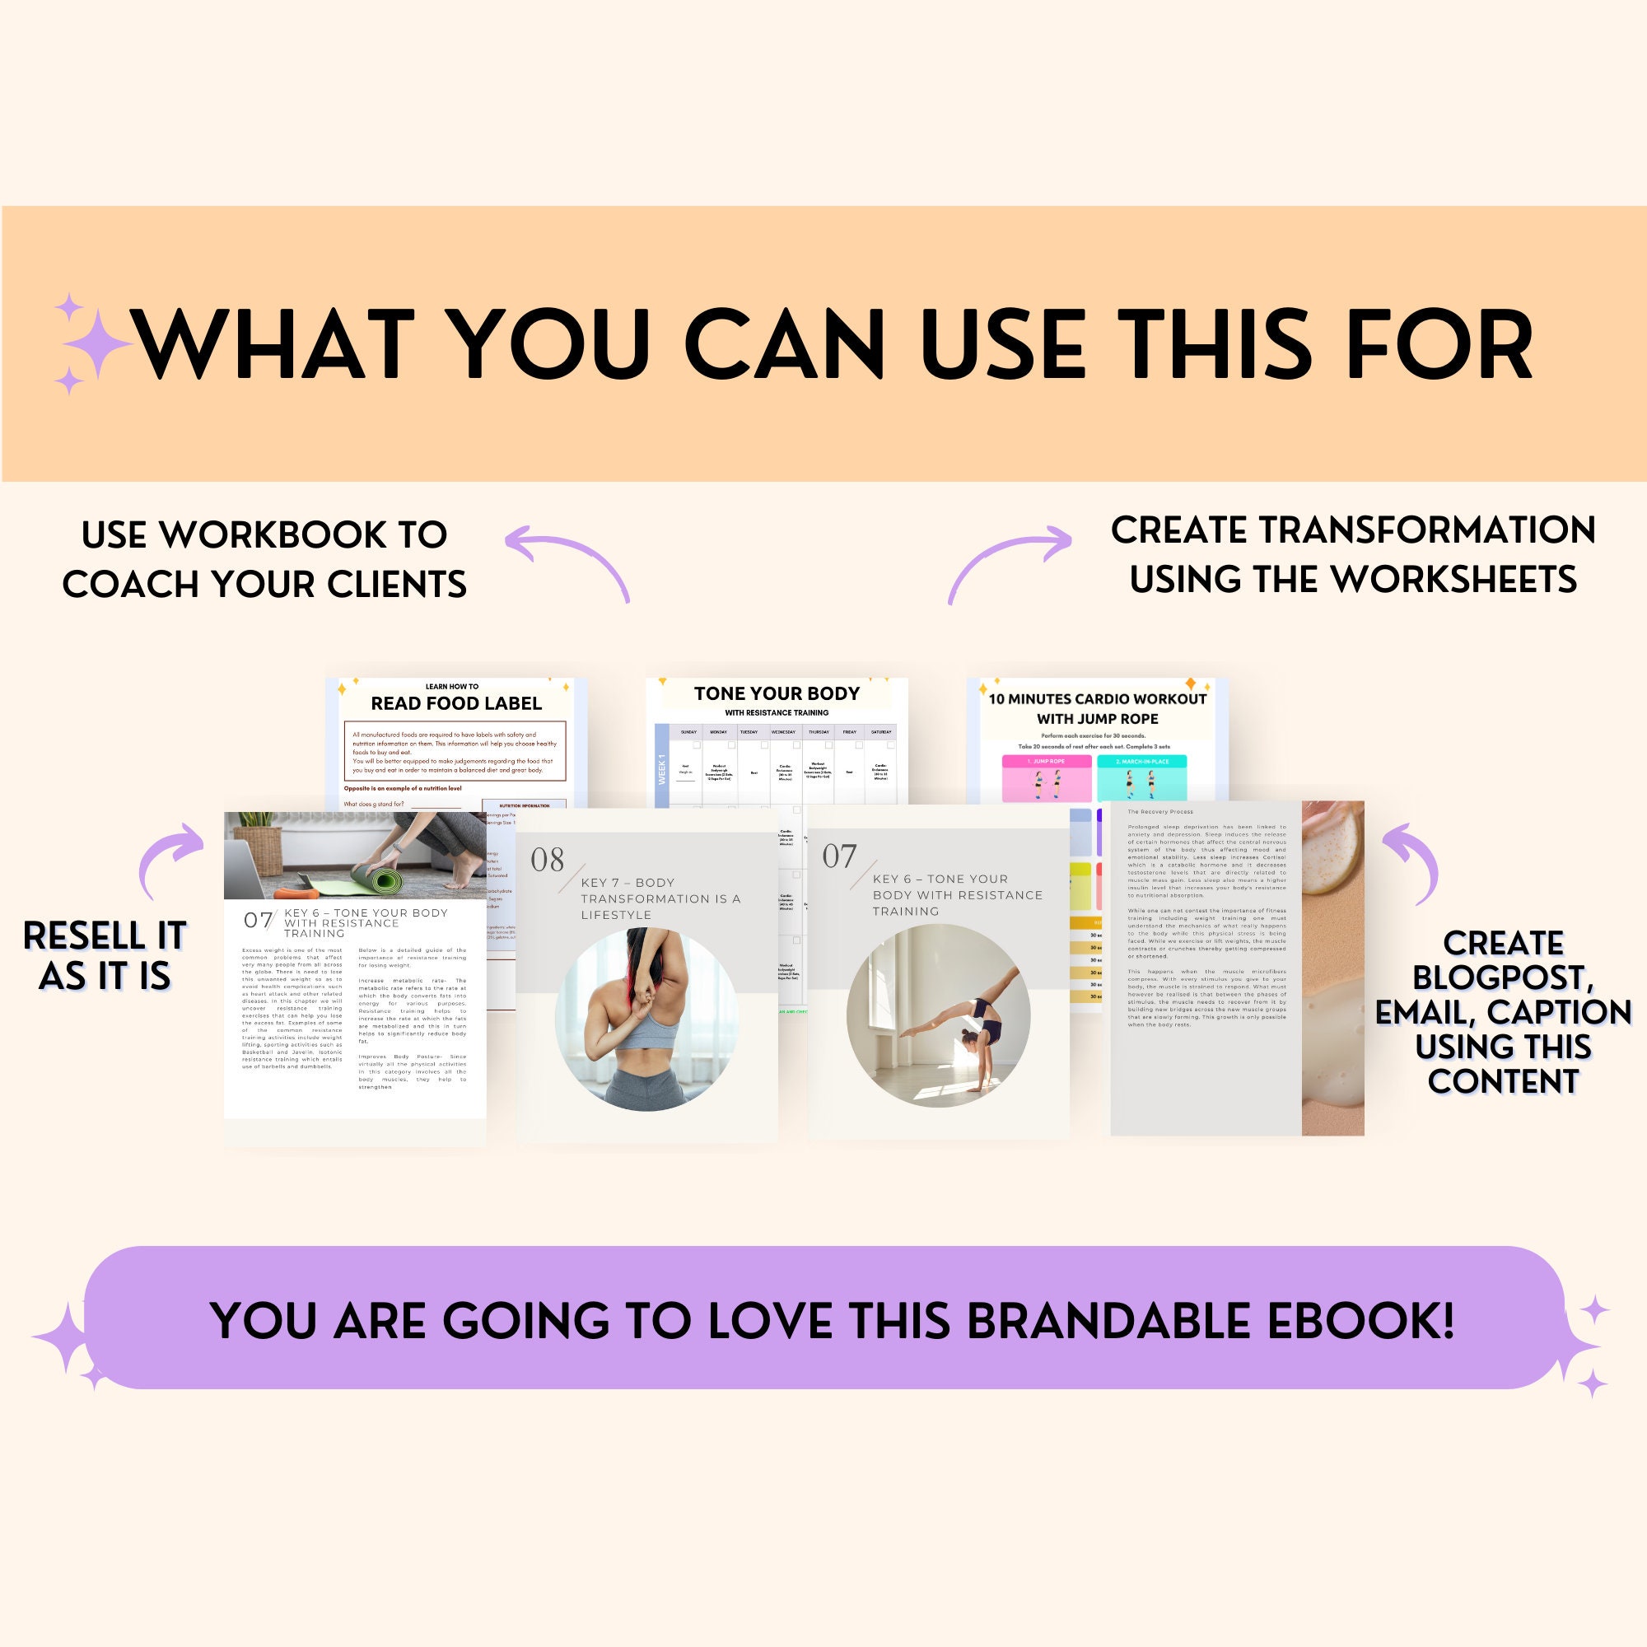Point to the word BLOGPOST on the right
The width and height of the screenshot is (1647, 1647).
click(1503, 977)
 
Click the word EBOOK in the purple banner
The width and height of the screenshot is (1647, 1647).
click(1360, 1322)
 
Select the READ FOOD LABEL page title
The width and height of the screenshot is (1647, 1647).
click(456, 703)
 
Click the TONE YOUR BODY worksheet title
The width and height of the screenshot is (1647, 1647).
click(777, 693)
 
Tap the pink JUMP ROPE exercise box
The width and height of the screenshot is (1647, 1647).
click(1046, 777)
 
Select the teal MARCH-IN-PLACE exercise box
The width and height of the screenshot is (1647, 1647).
click(1141, 777)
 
